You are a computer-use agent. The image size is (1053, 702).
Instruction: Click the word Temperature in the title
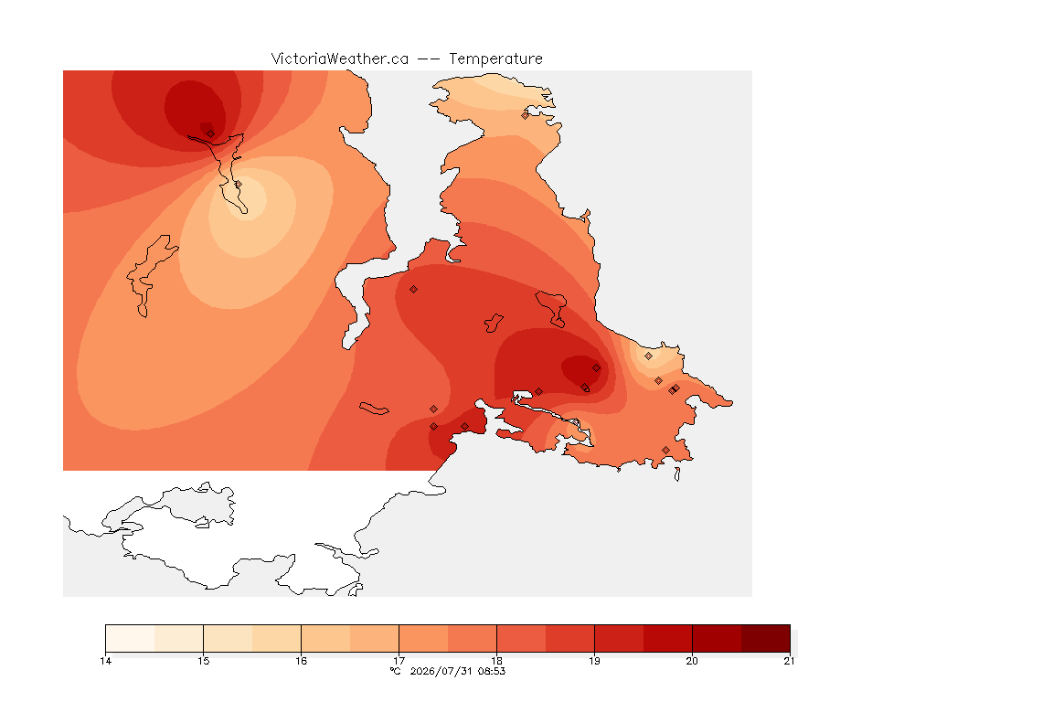[495, 59]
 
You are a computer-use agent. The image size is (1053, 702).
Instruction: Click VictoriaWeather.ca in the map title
[340, 59]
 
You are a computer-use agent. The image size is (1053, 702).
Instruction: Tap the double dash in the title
[429, 59]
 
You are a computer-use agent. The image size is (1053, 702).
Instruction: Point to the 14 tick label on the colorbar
[105, 661]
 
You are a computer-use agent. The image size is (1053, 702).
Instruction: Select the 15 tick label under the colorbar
[204, 661]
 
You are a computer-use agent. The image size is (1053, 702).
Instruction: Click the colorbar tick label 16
[301, 661]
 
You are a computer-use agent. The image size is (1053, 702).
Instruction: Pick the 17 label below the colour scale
[399, 661]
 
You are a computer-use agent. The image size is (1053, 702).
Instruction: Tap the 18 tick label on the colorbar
[496, 661]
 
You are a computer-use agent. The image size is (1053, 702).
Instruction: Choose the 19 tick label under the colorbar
[594, 661]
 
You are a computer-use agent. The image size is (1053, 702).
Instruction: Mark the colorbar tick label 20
[692, 661]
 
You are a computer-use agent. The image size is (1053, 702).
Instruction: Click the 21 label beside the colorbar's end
[789, 661]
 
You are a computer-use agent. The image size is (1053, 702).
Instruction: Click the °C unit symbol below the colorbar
[396, 671]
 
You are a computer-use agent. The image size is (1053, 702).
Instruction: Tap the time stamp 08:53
[492, 671]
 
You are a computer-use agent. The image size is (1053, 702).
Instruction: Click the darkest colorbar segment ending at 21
[766, 638]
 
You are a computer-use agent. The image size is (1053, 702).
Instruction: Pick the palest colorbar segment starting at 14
[131, 638]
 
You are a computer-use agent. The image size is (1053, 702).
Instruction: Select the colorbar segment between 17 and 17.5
[423, 638]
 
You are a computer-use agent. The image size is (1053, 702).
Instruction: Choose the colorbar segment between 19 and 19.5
[619, 638]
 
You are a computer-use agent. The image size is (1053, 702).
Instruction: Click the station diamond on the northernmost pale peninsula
[526, 115]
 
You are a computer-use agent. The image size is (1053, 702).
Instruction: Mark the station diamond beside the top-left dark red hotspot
[211, 133]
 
